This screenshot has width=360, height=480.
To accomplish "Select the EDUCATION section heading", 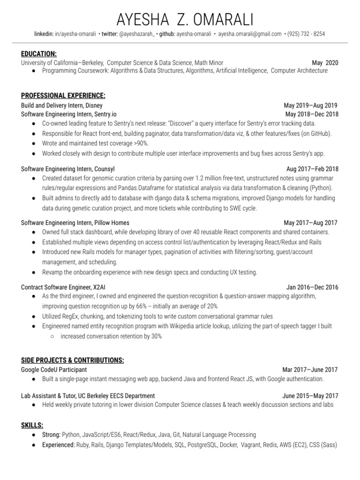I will pos(39,54).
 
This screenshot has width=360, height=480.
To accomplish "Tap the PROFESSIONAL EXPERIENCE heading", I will pos(63,96).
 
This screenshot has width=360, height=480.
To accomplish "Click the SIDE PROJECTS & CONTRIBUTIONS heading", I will pos(73,360).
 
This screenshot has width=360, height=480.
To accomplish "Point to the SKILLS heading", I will pos(32,425).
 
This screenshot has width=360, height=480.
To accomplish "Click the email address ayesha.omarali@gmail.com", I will pos(250,34).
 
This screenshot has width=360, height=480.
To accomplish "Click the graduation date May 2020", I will pos(324,63).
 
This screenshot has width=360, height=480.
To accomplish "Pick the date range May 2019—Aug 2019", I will pos(310,105).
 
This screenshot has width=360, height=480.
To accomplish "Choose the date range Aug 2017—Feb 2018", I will pos(312,169).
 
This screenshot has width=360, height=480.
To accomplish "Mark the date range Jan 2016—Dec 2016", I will pos(312,287).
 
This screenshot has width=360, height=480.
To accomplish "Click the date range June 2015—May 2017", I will pos(310,396).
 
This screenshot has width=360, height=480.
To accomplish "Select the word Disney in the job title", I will pos(94,105).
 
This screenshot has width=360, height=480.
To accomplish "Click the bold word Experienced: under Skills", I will pos(59,445).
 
